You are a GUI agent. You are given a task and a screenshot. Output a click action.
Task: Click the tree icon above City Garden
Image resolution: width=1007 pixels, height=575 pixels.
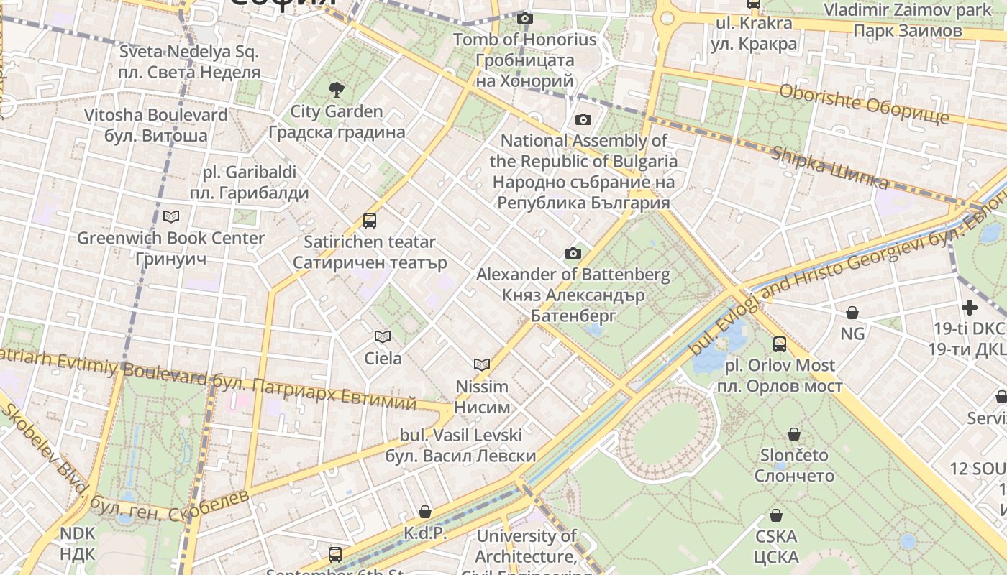click(x=336, y=90)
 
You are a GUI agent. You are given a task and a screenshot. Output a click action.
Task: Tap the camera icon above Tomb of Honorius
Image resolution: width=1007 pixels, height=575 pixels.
click(x=525, y=18)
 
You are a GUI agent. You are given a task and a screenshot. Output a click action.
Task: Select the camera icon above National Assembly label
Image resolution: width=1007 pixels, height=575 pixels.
click(x=583, y=119)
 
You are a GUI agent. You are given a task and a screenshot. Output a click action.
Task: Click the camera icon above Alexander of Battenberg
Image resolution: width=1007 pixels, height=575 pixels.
click(x=573, y=253)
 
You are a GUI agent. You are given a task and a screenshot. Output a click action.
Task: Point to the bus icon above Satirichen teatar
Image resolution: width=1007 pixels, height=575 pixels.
click(x=370, y=221)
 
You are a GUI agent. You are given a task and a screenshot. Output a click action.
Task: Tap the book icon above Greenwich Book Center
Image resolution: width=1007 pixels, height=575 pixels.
click(x=171, y=216)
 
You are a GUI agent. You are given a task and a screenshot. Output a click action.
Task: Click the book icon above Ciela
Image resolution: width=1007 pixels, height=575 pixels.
click(x=383, y=336)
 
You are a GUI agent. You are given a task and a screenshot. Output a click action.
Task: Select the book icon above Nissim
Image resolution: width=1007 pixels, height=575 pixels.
click(x=482, y=365)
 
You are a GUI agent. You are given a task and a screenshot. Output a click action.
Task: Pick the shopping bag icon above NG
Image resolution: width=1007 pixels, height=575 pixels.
click(x=852, y=313)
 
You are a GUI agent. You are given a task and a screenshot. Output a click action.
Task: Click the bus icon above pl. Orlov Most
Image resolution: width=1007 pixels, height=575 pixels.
click(x=780, y=344)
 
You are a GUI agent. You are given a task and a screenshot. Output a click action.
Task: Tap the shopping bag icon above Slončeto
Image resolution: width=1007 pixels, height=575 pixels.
click(x=794, y=434)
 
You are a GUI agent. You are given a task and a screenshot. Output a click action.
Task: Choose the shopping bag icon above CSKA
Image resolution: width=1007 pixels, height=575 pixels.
click(x=776, y=515)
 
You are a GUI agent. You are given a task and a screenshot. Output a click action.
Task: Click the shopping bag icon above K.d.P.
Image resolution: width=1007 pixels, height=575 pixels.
click(x=425, y=512)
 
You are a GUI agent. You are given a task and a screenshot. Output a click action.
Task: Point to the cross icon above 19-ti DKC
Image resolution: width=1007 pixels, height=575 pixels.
click(x=970, y=308)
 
